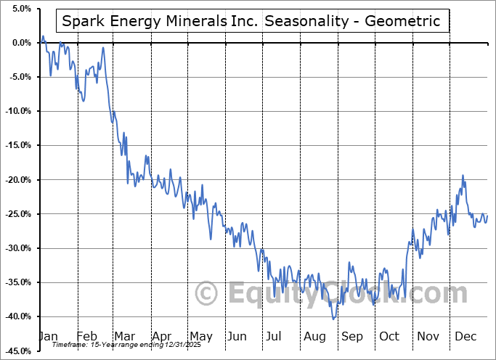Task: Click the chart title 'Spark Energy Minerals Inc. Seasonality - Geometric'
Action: pyautogui.click(x=251, y=21)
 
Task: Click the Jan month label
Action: pyautogui.click(x=48, y=336)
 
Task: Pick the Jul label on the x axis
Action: pyautogui.click(x=275, y=336)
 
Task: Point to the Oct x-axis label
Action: pyautogui.click(x=389, y=336)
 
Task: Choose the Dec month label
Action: pyautogui.click(x=465, y=336)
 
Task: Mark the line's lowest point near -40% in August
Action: pyautogui.click(x=333, y=319)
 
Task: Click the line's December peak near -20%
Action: pyautogui.click(x=463, y=176)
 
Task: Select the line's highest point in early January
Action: pyautogui.click(x=43, y=36)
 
